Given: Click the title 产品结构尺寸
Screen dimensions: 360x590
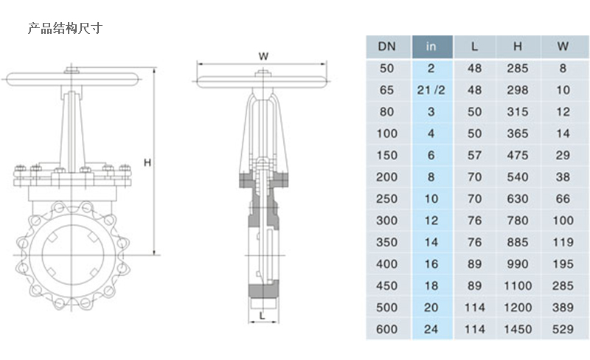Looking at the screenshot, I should click(64, 30).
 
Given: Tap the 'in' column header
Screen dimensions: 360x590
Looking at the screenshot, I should click(431, 46).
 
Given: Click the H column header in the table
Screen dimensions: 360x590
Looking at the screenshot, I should click(518, 46).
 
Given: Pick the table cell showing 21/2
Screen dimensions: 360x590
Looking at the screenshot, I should click(431, 90).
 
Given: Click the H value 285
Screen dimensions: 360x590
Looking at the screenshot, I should click(518, 69).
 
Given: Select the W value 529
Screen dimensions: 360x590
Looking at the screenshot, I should click(563, 329).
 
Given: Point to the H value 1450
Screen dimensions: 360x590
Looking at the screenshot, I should click(518, 329).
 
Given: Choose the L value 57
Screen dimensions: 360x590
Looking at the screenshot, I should click(475, 155).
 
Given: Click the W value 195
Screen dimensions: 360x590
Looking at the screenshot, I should click(563, 263).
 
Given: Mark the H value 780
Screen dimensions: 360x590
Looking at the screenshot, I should click(518, 221).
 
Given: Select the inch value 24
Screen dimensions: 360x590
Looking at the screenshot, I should click(431, 329).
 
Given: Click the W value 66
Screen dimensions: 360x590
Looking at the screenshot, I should click(563, 198).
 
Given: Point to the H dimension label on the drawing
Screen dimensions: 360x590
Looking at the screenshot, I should click(147, 162).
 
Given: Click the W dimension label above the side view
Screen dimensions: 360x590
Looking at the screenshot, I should click(263, 56).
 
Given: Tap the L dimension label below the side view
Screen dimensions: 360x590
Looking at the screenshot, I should click(262, 315).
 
